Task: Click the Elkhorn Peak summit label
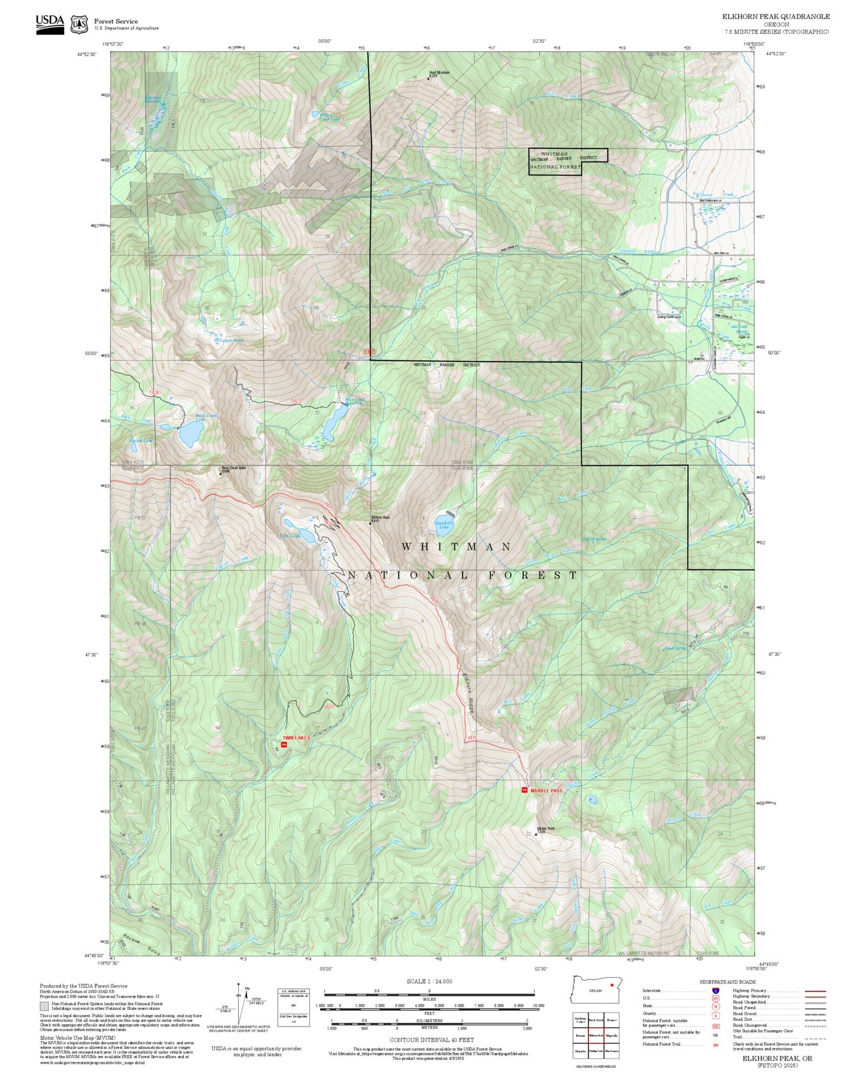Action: [380, 518]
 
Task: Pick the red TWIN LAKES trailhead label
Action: [296, 738]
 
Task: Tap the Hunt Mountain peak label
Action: [439, 73]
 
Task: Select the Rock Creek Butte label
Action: [233, 468]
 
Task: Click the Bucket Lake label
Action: [141, 440]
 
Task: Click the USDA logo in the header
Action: [50, 24]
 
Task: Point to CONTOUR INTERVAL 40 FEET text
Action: [431, 1040]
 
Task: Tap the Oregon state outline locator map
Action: [596, 989]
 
